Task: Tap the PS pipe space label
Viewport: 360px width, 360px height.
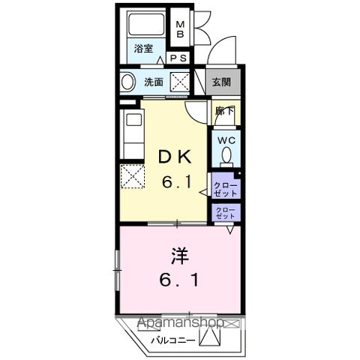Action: pyautogui.click(x=178, y=58)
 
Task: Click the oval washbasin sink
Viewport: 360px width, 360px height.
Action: pyautogui.click(x=128, y=82)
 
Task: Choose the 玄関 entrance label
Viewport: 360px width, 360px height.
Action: pyautogui.click(x=221, y=82)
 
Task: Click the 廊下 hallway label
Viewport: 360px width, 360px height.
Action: pyautogui.click(x=223, y=111)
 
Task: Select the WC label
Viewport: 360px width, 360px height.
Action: pyautogui.click(x=226, y=140)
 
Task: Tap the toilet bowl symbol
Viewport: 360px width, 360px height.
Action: pyautogui.click(x=226, y=157)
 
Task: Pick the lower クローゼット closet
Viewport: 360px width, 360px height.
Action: pyautogui.click(x=224, y=212)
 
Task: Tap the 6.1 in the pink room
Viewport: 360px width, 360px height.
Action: pyautogui.click(x=178, y=283)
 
